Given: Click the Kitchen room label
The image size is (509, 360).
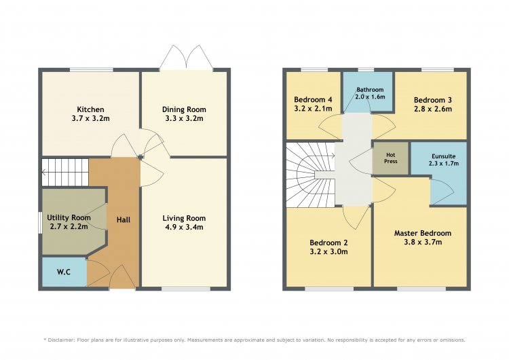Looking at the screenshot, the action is (90, 109).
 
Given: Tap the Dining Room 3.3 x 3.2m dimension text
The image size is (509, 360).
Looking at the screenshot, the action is (185, 119).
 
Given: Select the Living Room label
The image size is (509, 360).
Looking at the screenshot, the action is (184, 218).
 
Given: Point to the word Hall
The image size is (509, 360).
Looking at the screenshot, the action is (124, 220).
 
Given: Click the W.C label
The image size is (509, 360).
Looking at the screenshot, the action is (64, 272).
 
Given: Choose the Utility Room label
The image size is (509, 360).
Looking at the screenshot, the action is (69, 217).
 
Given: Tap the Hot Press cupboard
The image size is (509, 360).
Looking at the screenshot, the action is (390, 158).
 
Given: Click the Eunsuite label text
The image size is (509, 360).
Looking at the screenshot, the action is (443, 156).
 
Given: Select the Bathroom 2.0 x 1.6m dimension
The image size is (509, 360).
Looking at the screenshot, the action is (370, 97).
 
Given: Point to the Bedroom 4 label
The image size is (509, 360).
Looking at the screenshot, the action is (313, 100).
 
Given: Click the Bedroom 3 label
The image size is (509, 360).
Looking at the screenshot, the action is (433, 100).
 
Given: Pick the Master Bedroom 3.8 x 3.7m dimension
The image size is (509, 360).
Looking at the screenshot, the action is (423, 242).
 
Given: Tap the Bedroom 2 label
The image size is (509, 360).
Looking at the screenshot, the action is (328, 242).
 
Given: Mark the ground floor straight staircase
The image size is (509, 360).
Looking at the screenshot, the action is (65, 173).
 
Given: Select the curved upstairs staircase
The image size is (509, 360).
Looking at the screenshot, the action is (310, 175).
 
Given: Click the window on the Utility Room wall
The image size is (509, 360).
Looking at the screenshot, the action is (39, 223).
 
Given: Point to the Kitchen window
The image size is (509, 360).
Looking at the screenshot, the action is (92, 70).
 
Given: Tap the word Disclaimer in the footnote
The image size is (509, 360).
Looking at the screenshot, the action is (62, 340).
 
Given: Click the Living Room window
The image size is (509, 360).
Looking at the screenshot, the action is (186, 289).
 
